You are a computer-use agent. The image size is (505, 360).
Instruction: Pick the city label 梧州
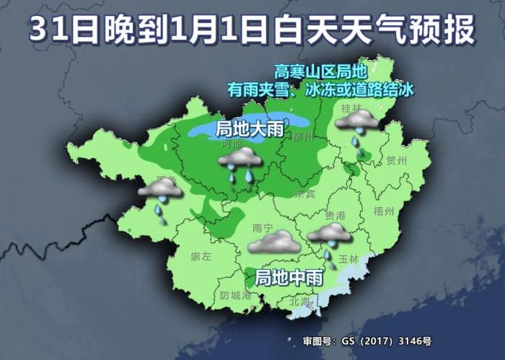click(385, 211)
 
